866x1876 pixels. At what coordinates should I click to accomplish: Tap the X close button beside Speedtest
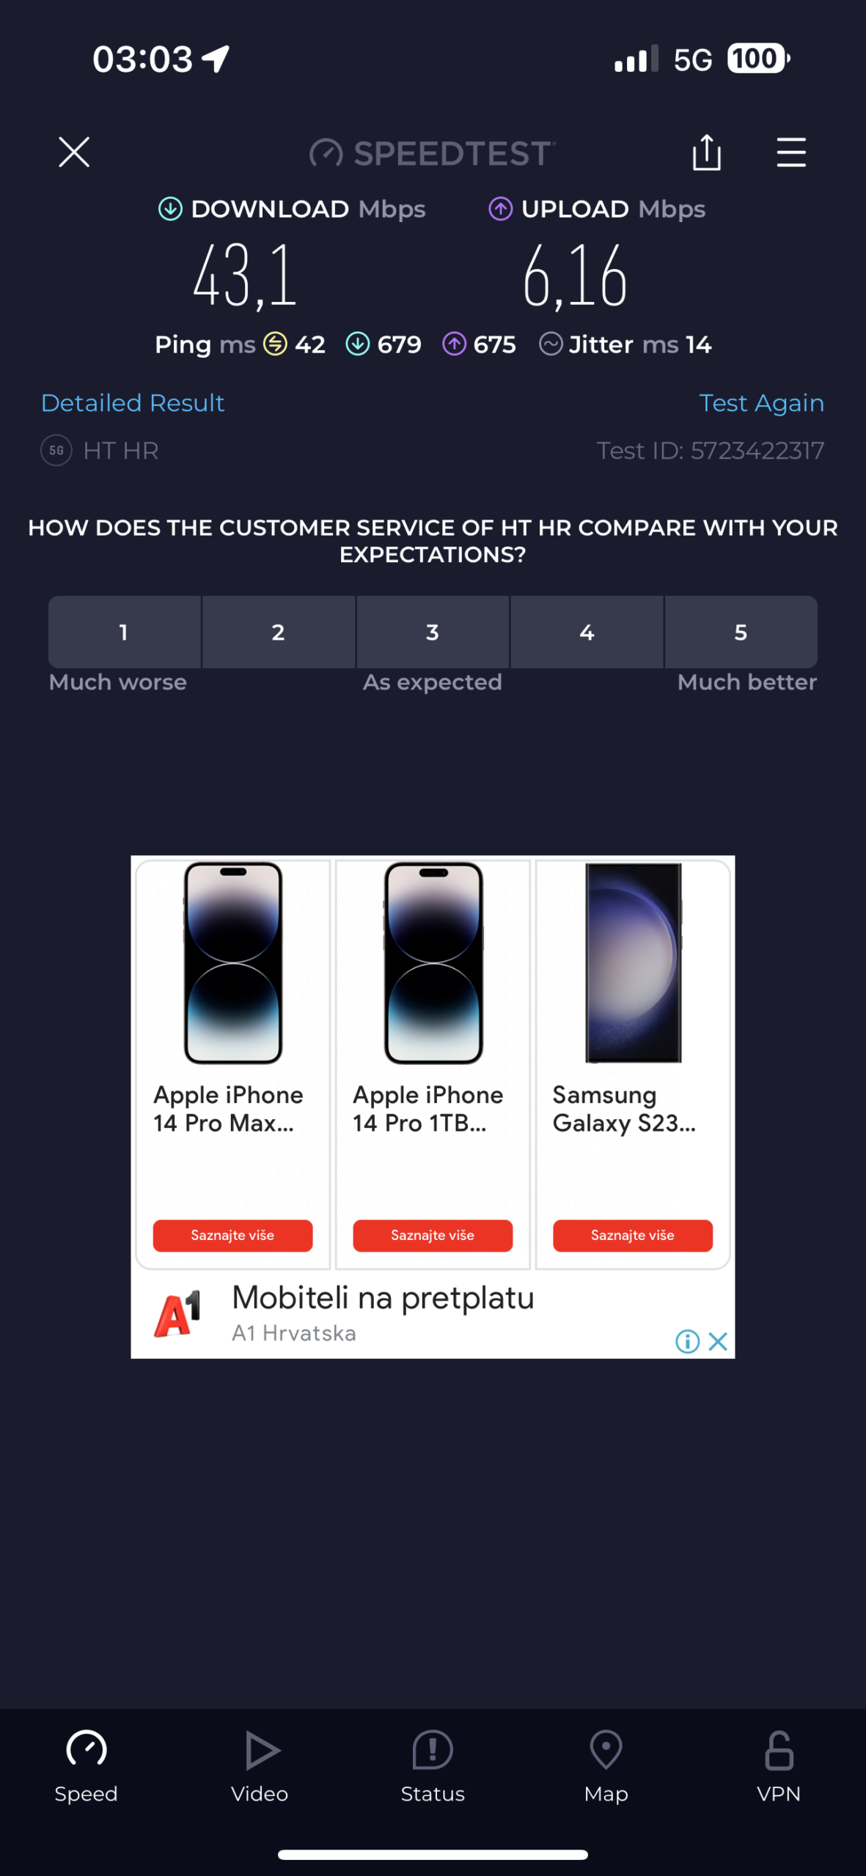point(74,152)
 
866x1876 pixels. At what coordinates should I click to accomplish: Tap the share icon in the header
point(707,152)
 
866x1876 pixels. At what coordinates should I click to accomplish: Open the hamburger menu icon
point(791,152)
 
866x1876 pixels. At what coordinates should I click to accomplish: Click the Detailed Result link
point(133,403)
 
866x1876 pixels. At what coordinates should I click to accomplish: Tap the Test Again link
point(761,403)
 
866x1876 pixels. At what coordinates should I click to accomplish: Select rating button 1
point(125,632)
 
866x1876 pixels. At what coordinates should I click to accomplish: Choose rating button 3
point(433,632)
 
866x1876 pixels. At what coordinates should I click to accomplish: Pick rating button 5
point(741,632)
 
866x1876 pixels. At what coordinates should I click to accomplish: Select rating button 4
point(587,632)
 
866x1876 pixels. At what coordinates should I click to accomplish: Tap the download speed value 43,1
point(245,276)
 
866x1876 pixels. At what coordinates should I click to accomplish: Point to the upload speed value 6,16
point(575,276)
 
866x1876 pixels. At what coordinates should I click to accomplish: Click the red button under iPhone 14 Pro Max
point(232,1236)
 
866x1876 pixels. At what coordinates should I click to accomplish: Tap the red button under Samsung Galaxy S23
point(633,1236)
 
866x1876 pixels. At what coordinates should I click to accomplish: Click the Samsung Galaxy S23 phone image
point(634,963)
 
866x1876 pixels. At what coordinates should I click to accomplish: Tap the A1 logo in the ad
point(177,1315)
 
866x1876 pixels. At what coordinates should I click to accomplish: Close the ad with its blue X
point(718,1342)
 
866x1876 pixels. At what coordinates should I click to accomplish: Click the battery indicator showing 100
point(758,59)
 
